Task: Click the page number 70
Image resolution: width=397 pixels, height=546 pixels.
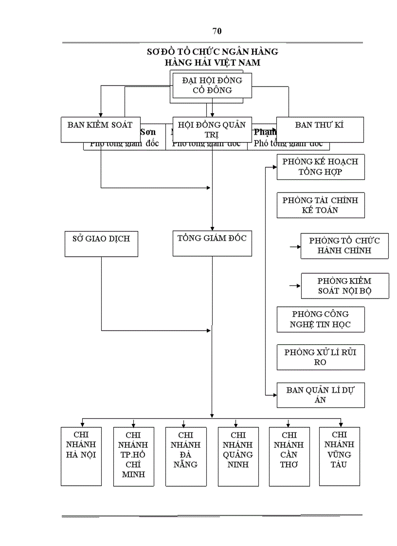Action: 217,32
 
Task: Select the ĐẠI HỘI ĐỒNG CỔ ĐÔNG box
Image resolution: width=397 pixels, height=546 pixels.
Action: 212,85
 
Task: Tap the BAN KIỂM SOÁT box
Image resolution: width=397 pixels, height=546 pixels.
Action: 100,129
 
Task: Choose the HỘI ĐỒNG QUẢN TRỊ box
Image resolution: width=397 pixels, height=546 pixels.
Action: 212,129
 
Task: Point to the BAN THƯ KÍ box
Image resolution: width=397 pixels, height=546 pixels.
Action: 320,129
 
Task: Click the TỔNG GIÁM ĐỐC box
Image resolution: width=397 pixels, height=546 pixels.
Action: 212,244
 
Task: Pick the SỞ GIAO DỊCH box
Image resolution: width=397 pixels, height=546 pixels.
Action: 101,244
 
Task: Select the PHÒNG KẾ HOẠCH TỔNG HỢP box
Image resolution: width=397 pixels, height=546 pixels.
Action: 320,167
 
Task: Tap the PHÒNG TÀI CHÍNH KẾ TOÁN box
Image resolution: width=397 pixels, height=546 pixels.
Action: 320,205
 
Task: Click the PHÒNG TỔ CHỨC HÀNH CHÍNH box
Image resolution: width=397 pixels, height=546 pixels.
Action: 344,246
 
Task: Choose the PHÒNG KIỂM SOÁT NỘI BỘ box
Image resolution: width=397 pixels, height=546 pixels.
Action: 344,285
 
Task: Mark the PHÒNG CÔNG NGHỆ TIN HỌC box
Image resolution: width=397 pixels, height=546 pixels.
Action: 320,319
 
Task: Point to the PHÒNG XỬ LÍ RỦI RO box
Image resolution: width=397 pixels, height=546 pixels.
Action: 320,357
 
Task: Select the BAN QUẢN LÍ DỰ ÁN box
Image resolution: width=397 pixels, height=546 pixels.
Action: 320,395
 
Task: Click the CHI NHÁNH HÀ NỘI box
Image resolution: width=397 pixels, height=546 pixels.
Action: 81,456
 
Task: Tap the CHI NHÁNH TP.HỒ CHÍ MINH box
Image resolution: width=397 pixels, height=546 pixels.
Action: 133,456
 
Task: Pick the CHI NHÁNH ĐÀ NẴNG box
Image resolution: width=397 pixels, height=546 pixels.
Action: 185,456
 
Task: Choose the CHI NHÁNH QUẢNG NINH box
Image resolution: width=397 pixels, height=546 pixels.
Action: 238,456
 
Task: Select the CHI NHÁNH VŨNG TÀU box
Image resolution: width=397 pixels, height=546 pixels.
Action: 339,456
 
